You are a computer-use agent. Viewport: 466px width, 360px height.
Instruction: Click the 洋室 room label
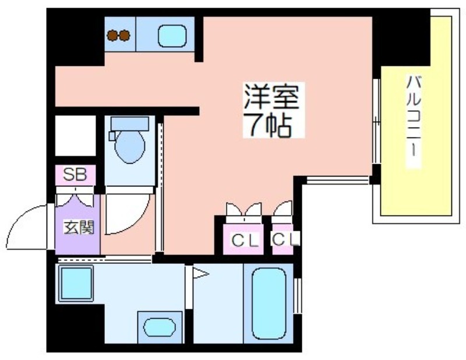pos(271,96)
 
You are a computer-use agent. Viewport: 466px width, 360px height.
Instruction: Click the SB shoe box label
pos(75,175)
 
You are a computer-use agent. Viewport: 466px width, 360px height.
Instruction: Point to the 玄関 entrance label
pos(79,227)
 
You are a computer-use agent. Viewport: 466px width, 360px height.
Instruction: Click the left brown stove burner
pos(112,36)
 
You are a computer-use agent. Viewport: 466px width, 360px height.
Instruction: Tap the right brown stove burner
pos(124,36)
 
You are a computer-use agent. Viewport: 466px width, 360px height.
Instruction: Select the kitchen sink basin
pos(172,36)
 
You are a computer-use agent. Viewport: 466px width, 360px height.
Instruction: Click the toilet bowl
pos(129,146)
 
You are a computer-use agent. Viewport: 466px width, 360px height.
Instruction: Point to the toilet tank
pos(129,123)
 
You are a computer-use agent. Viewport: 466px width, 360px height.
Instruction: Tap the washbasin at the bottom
pos(160,327)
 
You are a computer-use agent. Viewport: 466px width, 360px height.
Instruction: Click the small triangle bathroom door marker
pos(200,273)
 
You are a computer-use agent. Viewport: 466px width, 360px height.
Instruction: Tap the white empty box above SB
pos(76,136)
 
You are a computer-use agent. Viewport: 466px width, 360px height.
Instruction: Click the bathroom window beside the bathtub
pos(298,296)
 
